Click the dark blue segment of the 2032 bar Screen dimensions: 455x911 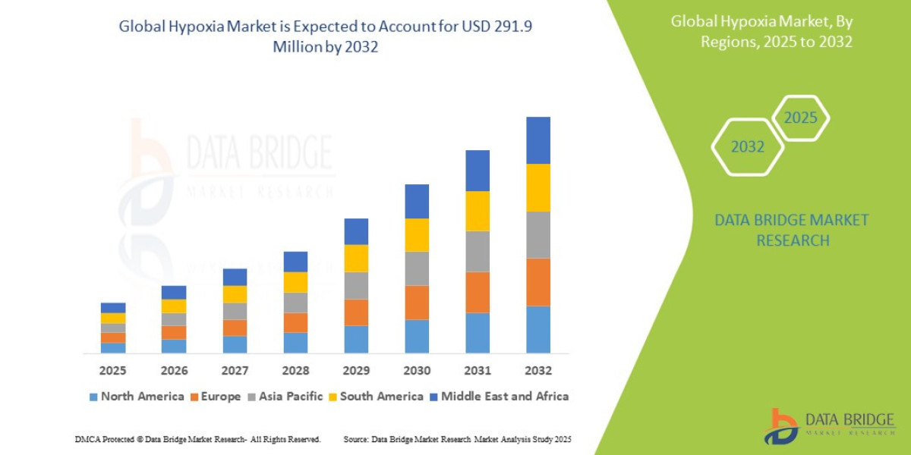[537, 140]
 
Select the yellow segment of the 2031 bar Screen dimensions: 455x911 [477, 211]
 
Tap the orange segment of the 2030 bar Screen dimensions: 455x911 [416, 302]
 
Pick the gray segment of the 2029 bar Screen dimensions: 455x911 [355, 285]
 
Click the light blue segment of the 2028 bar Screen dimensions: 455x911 [295, 342]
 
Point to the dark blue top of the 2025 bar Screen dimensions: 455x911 [113, 307]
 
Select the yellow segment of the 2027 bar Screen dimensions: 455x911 [235, 293]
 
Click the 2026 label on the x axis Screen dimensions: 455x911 [174, 371]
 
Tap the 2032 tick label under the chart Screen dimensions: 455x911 [537, 371]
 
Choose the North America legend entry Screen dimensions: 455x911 [137, 396]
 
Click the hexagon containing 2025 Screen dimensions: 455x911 [800, 118]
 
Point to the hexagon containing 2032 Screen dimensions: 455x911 [747, 147]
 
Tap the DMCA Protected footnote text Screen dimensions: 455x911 [197, 440]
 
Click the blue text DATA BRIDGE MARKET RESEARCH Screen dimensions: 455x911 [792, 230]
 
